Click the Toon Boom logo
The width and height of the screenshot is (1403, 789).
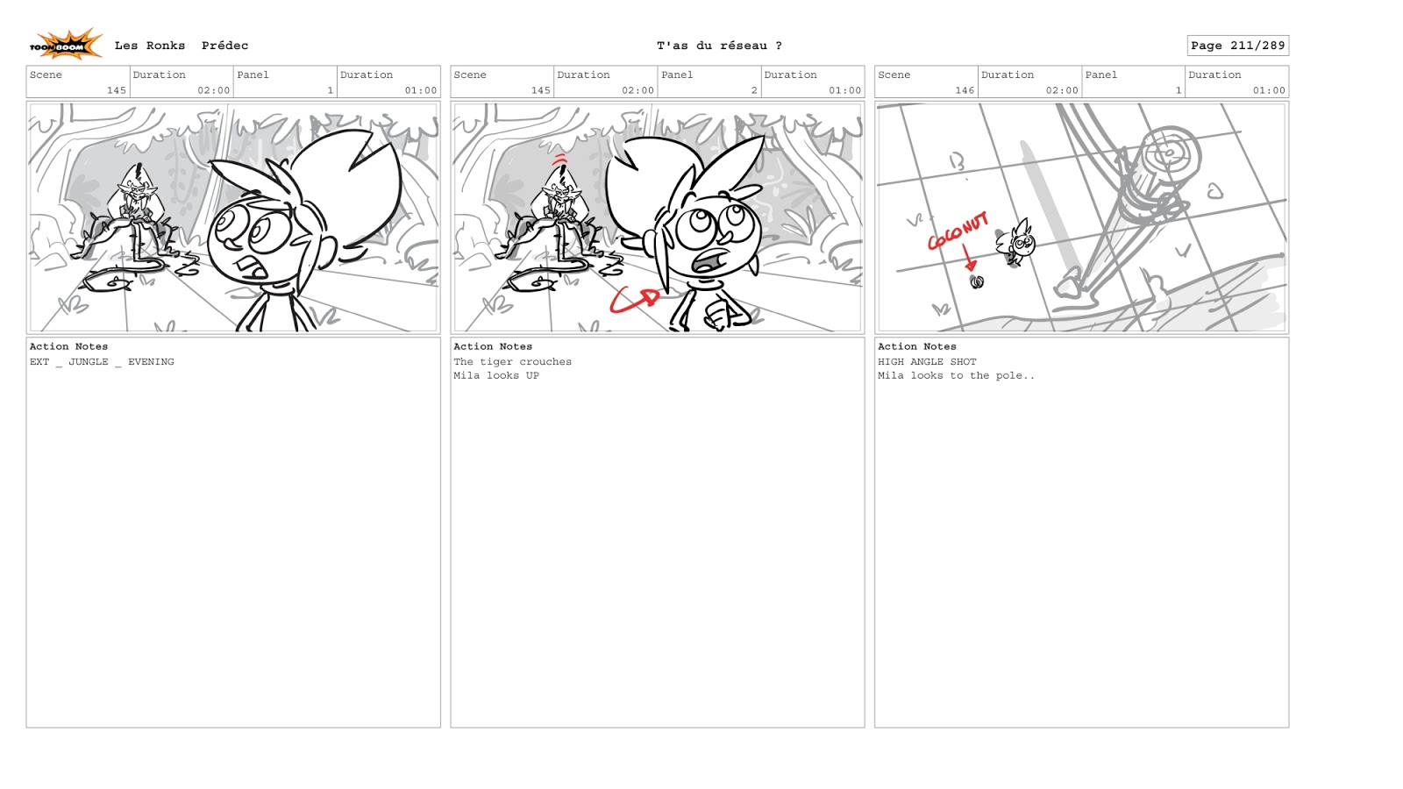66,45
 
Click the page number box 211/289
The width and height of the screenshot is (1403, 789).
1237,46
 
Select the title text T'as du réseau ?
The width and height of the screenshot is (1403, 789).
719,46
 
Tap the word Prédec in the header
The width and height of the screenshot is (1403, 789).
224,46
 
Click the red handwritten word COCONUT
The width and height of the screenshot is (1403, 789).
958,231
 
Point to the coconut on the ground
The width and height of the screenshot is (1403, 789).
977,282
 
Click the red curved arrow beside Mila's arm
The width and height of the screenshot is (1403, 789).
634,301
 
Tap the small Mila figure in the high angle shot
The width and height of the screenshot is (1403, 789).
1016,243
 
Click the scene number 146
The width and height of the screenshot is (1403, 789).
965,90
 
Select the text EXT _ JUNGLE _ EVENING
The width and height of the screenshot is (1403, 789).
102,362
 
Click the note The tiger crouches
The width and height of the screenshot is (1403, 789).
512,362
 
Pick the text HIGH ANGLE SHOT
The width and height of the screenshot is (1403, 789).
927,362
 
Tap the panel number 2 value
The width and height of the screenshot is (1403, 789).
754,90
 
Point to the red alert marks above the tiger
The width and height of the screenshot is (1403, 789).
560,159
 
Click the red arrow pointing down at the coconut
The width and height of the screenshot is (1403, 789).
969,258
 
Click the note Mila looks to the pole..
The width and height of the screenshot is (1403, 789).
956,376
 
